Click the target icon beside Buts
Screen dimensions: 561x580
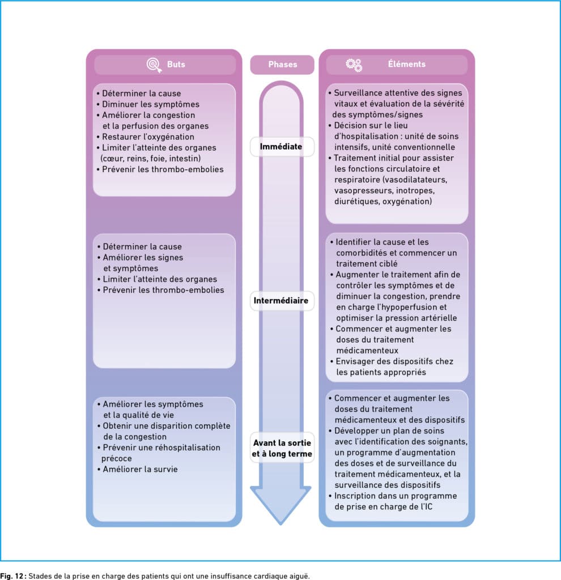tap(154, 65)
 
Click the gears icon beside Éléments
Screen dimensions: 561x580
tap(354, 65)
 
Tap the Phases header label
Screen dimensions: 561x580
tap(282, 65)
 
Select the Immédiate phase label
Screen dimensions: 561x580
tap(281, 147)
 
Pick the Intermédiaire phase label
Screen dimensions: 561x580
tap(281, 300)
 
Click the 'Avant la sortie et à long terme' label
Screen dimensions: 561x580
tap(282, 448)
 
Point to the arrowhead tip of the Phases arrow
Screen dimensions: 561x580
tap(280, 524)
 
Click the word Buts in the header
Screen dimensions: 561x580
tap(176, 65)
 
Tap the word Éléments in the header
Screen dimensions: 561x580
tap(407, 63)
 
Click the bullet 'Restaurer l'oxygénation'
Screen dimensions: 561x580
tap(146, 137)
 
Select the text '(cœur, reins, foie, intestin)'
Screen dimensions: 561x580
tap(151, 159)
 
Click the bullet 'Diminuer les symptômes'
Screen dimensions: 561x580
tap(148, 104)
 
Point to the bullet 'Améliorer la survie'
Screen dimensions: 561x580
tap(138, 469)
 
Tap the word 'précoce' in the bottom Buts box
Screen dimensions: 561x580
tap(117, 459)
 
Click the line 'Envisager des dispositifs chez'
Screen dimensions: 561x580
tap(392, 361)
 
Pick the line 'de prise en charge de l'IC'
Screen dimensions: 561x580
tap(384, 507)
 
